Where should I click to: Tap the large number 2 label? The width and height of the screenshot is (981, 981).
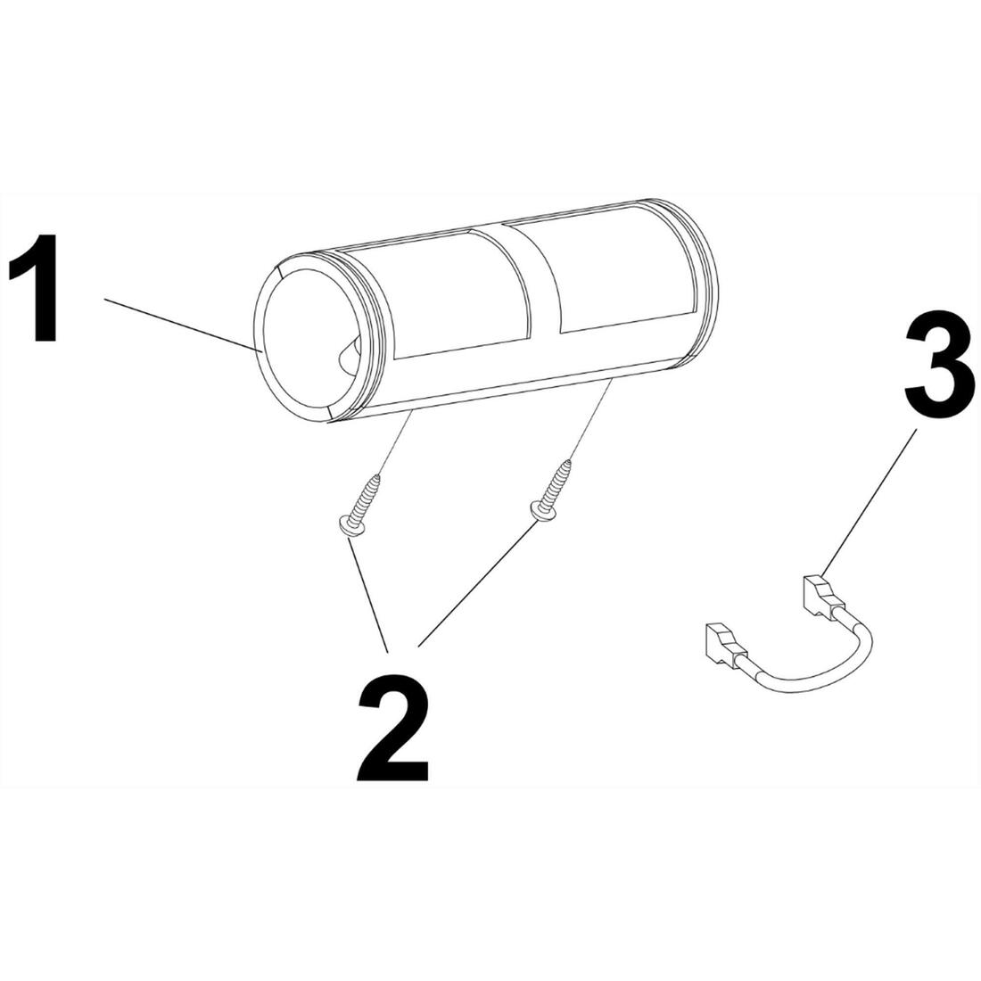pos(393,729)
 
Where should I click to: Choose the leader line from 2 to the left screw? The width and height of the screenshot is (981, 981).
pos(368,597)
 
